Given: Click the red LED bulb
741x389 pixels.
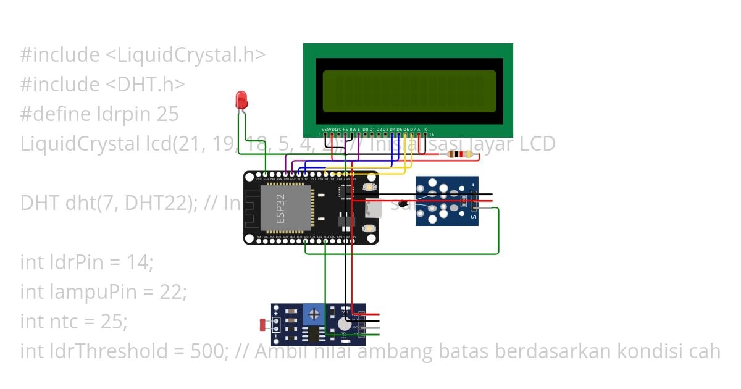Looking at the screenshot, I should (241, 99).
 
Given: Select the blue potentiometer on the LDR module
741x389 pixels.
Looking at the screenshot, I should (314, 316).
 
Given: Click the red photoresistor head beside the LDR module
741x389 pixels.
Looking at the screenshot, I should (264, 324).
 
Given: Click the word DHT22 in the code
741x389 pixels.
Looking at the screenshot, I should (148, 203).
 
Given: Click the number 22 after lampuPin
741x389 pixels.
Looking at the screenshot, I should (176, 291).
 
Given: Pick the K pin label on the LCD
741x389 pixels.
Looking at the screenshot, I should (425, 130).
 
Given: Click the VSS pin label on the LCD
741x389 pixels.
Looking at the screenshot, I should (325, 130).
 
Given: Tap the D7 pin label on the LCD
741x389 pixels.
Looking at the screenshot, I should (412, 130).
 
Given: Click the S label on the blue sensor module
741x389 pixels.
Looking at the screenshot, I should (474, 215).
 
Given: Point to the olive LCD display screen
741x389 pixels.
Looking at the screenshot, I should (409, 91).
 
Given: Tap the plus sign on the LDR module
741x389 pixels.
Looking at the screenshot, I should (276, 320).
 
